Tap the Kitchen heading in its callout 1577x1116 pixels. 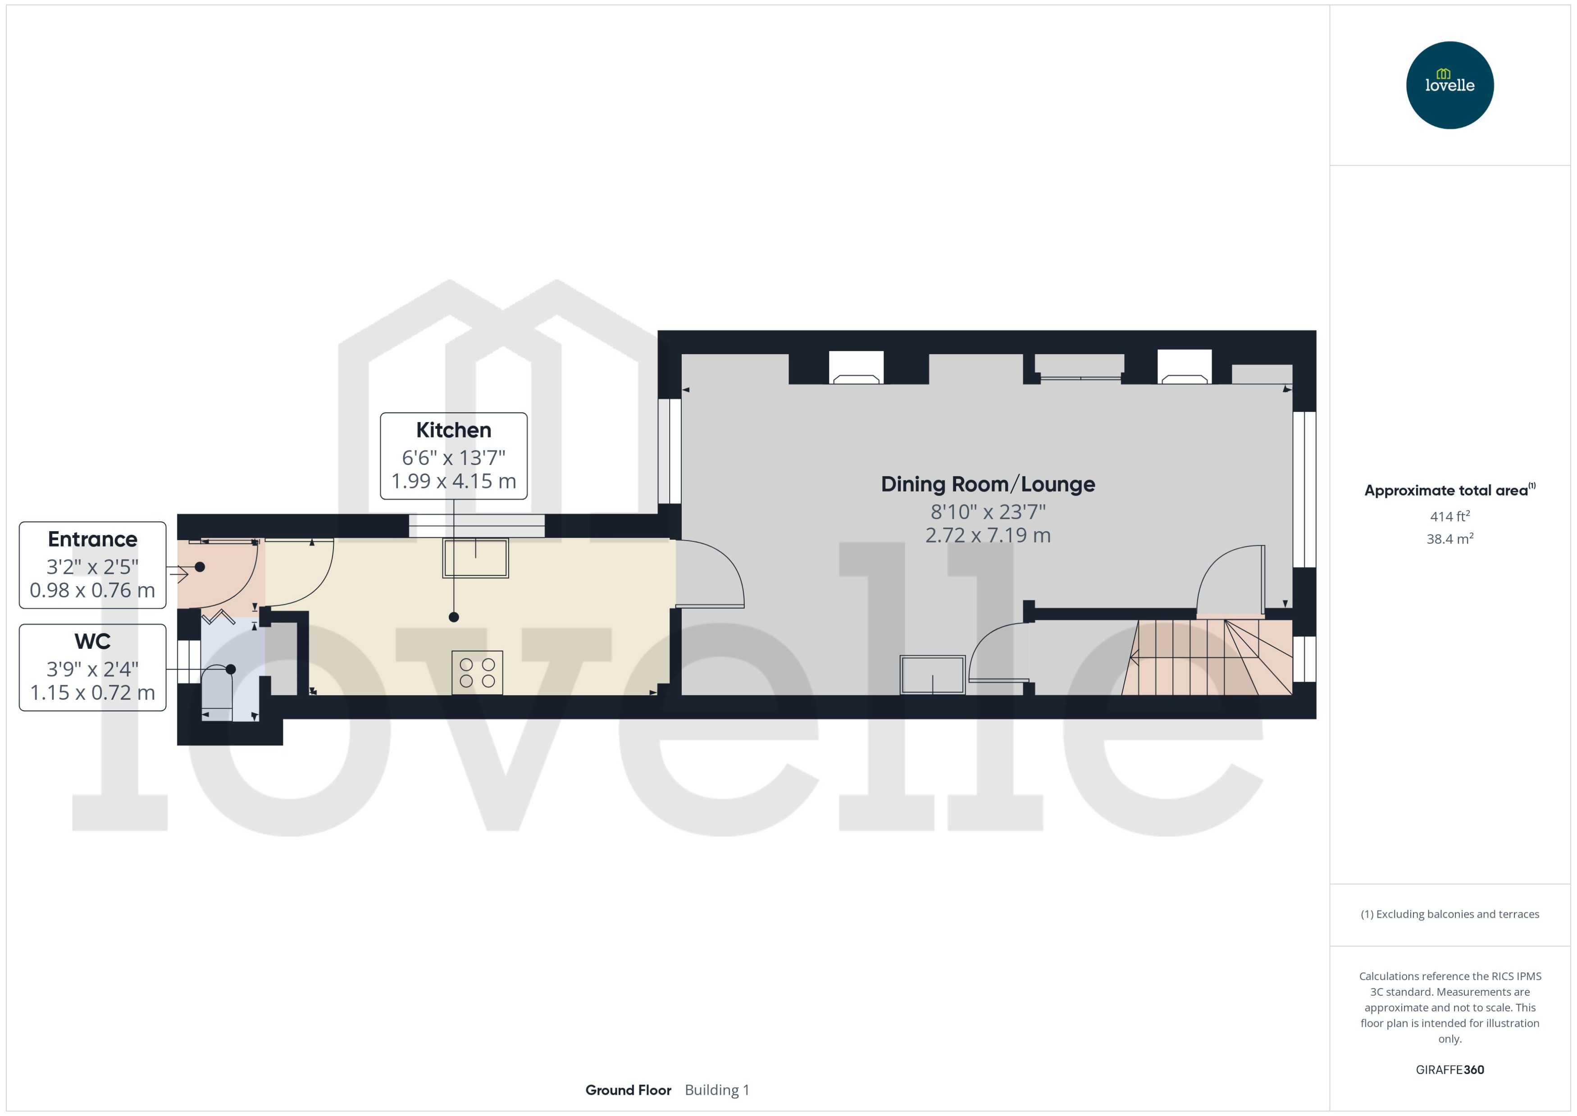(x=454, y=430)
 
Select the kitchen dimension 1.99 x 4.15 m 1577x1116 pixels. (x=454, y=481)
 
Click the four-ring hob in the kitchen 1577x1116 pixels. (x=477, y=673)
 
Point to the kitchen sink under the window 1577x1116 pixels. (x=475, y=558)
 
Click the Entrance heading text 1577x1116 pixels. (x=93, y=539)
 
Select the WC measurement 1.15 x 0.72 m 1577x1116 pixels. (x=93, y=692)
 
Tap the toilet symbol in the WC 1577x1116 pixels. (x=217, y=691)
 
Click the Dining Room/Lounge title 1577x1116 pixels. (x=988, y=484)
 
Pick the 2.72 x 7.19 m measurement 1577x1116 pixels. (x=988, y=535)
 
